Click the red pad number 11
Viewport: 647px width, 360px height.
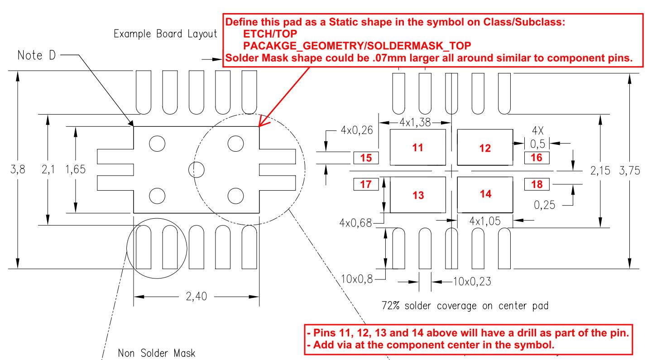417,148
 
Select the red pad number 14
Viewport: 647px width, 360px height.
485,194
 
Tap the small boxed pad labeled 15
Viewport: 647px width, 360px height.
366,158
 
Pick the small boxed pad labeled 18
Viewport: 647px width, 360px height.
537,184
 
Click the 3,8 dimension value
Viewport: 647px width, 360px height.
18,169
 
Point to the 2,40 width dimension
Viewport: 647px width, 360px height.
196,297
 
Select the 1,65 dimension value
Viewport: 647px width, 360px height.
76,169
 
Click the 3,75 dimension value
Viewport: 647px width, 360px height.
629,170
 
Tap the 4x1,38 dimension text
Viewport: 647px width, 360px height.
415,123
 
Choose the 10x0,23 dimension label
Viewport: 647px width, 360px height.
472,281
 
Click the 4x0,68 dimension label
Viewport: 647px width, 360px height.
355,223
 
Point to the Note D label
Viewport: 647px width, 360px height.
36,55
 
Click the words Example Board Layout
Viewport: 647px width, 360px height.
165,34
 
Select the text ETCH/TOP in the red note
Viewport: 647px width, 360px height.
270,34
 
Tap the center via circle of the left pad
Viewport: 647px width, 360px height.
196,170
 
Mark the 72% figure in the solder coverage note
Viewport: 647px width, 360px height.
391,305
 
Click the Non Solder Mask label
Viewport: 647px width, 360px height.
157,353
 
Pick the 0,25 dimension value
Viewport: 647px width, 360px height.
545,205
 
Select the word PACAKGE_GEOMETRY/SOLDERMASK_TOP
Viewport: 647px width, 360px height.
357,46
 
